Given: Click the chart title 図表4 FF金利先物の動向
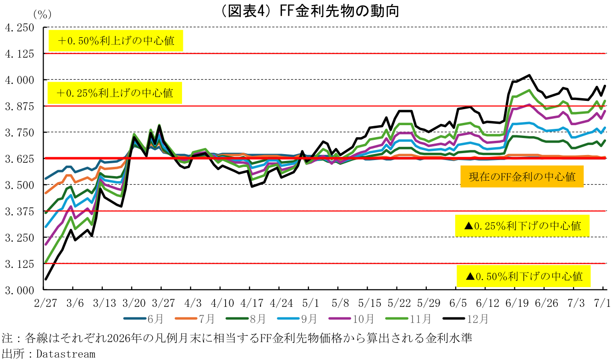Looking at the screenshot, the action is coord(310,11).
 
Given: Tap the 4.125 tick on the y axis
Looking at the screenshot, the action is coord(20,54).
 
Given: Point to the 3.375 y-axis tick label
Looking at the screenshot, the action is coord(20,211).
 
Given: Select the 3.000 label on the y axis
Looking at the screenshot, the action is coord(20,290).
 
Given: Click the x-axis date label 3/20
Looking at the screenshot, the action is coord(134,303).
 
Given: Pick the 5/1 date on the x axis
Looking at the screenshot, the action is coord(311,303).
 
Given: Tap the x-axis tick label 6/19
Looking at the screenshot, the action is coord(517,303).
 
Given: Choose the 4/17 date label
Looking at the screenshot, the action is coord(252,303).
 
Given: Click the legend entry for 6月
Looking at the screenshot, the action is coord(143,319).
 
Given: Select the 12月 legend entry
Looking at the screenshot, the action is coord(466,319).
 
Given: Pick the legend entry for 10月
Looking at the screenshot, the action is coord(351,319).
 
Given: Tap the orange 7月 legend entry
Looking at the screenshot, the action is coord(195,319).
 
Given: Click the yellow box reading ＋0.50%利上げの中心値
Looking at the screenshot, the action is coord(116,41).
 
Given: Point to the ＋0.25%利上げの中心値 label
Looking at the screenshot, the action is coord(115,93).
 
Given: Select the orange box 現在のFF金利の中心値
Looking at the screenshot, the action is coord(522,177).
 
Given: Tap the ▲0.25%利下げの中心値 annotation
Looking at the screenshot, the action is coord(522,226).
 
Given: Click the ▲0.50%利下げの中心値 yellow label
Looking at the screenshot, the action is coord(524,276).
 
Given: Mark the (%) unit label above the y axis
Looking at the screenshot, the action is coord(42,14).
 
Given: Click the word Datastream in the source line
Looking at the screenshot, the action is coord(66,354).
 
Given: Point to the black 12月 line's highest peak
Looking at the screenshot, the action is coord(529,75).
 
